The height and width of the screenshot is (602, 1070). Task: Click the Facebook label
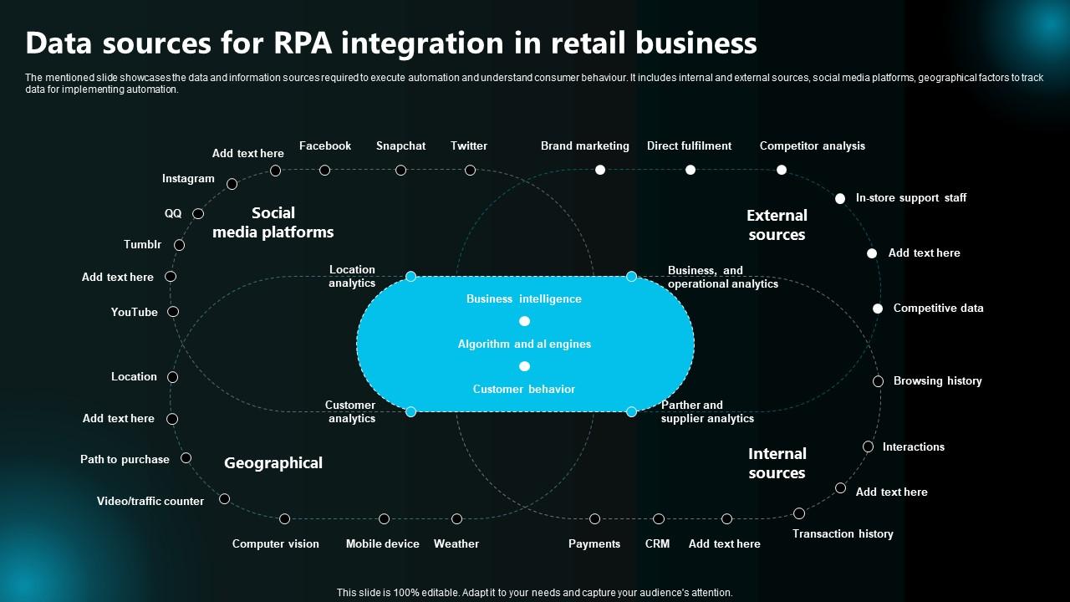pos(324,145)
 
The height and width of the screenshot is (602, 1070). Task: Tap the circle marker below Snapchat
pos(400,170)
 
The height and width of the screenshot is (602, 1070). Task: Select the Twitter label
pos(468,145)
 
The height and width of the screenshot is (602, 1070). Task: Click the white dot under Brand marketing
pos(599,170)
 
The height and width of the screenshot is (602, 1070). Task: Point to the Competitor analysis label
pos(812,145)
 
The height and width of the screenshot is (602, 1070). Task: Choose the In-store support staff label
pos(910,197)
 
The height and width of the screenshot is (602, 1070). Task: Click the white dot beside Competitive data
pos(878,309)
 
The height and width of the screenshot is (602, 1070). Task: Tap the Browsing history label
pos(937,380)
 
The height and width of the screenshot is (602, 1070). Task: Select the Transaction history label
pos(842,533)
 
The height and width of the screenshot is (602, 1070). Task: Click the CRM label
pos(657,543)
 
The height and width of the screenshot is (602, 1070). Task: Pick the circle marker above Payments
pos(594,519)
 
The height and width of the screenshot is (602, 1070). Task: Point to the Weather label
pos(456,543)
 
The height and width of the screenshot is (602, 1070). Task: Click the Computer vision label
pos(275,543)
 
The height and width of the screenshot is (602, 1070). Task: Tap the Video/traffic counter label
pos(150,501)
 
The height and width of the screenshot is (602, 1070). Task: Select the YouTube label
pos(134,312)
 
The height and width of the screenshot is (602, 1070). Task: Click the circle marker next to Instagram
pos(232,184)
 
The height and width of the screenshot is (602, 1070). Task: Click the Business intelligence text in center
pos(523,298)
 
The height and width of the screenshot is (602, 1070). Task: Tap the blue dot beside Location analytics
pos(410,276)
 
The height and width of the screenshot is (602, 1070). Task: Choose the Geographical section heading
pos(273,462)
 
